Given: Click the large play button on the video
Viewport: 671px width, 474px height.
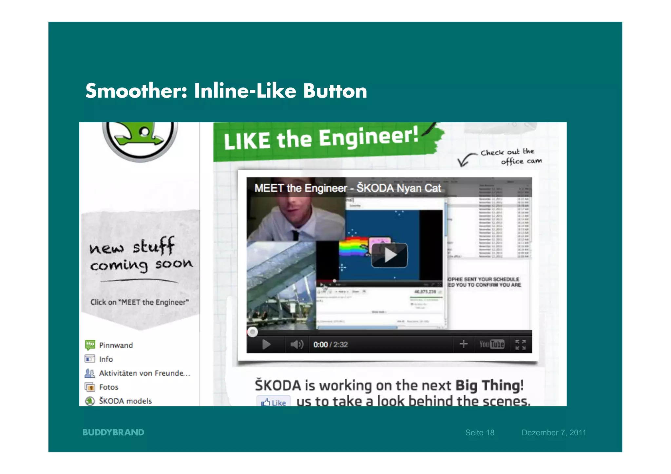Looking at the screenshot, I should coord(389,255).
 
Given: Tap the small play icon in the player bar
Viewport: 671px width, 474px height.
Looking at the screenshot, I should coord(266,345).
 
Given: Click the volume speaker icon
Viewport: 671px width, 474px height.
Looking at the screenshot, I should coord(297,345).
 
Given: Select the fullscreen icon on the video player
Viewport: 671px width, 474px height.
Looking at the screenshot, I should coord(520,345).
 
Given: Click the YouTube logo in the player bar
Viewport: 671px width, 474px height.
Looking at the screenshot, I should coord(491,344).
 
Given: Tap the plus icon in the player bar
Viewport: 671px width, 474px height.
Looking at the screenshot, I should coord(463,344).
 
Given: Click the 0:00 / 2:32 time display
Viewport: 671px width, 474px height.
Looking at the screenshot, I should coord(330,345).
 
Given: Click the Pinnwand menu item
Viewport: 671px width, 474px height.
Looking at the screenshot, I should coord(116,345).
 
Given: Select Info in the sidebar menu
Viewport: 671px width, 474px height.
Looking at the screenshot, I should coord(106,359).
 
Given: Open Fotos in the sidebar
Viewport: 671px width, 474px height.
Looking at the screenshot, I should coord(108,387).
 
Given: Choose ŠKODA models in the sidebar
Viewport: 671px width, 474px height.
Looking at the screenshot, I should coord(125,401).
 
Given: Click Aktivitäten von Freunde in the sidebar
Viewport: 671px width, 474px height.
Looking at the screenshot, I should coord(144,373).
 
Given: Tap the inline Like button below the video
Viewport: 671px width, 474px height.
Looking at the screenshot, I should coord(274,402).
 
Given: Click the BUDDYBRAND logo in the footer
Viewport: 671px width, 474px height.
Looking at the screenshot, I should coord(113,432).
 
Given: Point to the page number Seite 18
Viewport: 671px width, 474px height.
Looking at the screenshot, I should coord(480,433).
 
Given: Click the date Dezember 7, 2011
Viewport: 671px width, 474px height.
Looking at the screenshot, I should coord(554,433).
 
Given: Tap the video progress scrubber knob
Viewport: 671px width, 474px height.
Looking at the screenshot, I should coord(252,332).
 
